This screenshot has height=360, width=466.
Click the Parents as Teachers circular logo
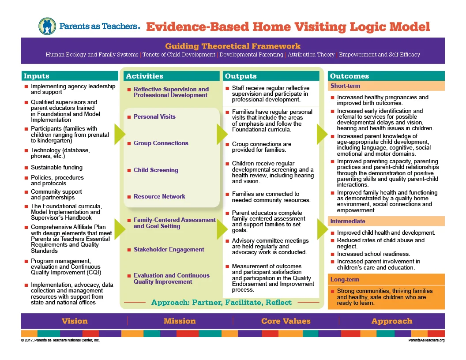click(x=47, y=26)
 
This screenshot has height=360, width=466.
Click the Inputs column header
click(x=37, y=76)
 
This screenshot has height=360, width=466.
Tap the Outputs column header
click(x=241, y=76)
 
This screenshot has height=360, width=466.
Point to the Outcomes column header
click(x=349, y=76)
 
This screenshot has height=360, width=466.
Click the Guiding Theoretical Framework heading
click(x=233, y=46)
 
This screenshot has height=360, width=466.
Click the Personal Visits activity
click(x=154, y=116)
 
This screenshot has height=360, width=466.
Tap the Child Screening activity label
click(x=156, y=170)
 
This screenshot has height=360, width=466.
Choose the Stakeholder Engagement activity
click(x=169, y=249)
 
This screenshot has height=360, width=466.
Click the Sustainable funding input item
click(x=56, y=168)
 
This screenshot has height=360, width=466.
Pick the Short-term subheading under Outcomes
click(x=346, y=86)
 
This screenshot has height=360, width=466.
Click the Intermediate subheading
click(x=348, y=221)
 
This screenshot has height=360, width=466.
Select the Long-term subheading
click(x=345, y=279)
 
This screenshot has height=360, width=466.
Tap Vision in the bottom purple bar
click(x=75, y=321)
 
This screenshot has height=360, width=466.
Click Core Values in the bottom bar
click(x=286, y=321)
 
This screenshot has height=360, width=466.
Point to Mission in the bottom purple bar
click(x=180, y=321)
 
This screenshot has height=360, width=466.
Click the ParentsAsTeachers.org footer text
click(x=426, y=341)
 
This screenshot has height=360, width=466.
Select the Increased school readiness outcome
click(x=373, y=254)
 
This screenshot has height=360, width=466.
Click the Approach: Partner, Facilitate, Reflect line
click(x=221, y=302)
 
